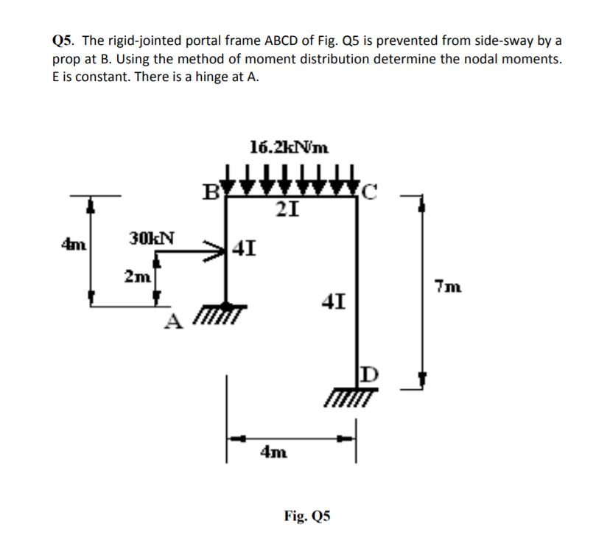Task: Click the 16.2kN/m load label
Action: click(289, 147)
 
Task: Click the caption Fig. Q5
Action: click(307, 516)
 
